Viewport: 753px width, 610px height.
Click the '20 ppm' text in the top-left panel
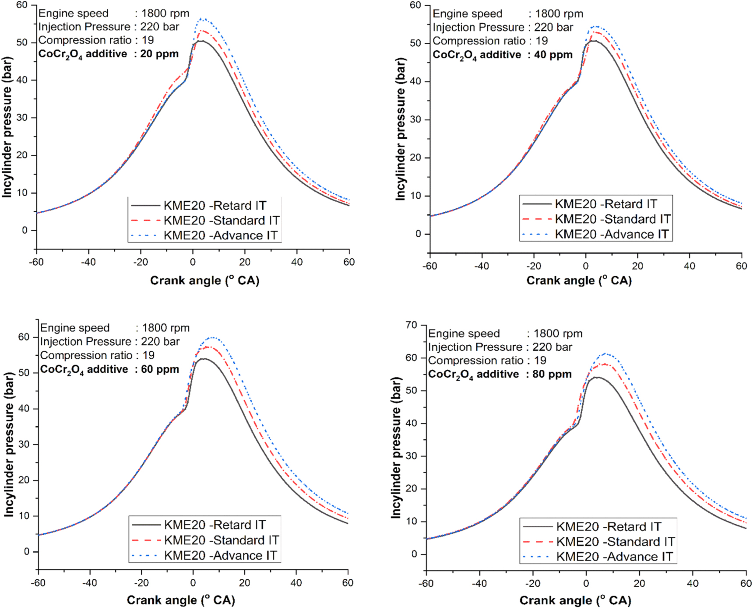click(x=159, y=54)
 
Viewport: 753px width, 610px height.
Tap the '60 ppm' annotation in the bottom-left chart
click(x=160, y=369)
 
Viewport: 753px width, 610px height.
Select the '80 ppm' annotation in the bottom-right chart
click(x=552, y=374)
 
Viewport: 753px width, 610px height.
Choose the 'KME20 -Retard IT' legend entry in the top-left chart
click(x=215, y=205)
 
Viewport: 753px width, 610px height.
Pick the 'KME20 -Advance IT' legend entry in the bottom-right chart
click(x=614, y=557)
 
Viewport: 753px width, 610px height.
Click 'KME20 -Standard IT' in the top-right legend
click(x=612, y=219)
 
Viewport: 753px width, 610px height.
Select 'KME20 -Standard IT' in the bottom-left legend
click(x=221, y=540)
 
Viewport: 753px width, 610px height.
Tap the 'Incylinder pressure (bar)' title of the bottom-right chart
click(x=396, y=448)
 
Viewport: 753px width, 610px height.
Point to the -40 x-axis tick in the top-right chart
click(x=482, y=266)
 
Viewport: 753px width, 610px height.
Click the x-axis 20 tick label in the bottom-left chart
click(x=244, y=582)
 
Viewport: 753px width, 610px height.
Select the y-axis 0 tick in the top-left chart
click(x=25, y=230)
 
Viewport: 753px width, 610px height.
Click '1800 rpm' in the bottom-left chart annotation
click(x=165, y=328)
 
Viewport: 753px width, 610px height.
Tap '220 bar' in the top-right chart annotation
click(x=553, y=27)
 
